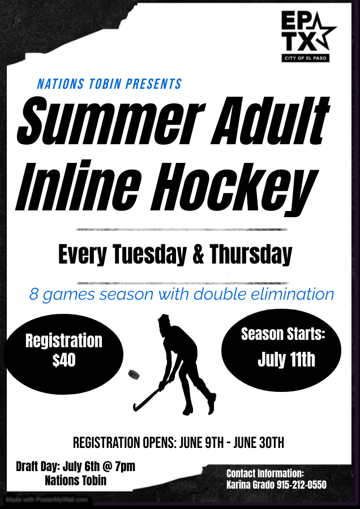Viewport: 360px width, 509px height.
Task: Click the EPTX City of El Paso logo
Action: tap(308, 36)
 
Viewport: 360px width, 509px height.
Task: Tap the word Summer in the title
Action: tap(110, 121)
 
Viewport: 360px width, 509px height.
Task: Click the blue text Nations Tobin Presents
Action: tap(109, 84)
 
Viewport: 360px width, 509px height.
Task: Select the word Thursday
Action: tap(251, 255)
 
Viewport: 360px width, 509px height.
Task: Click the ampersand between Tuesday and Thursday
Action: tap(198, 255)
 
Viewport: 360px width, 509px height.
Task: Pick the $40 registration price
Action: tap(64, 360)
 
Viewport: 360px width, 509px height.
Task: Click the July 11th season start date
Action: tap(286, 360)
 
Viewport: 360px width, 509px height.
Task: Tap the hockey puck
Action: tap(134, 374)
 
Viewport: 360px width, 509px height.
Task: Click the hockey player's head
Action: tap(165, 322)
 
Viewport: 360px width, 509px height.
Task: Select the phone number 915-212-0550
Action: tap(302, 485)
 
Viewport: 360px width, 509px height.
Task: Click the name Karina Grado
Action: tap(251, 485)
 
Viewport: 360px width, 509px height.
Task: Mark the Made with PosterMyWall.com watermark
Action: tap(47, 499)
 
